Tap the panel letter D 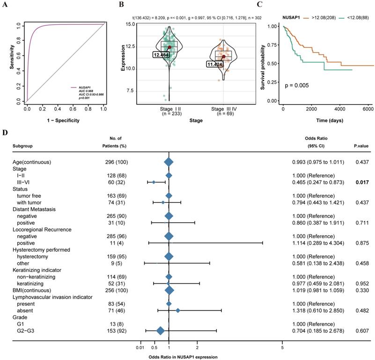point(5,132)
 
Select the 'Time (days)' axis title point(327,120)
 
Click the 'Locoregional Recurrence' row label point(42,229)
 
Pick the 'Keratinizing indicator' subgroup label point(39,270)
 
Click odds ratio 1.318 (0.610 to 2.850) point(317,310)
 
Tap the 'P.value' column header point(361,145)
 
